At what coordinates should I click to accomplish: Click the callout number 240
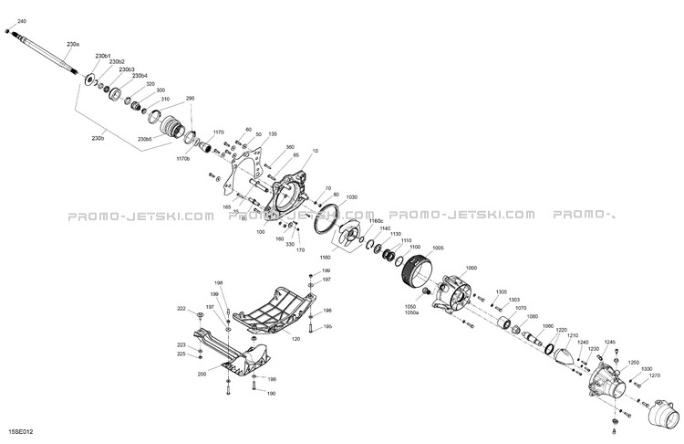tap(22, 20)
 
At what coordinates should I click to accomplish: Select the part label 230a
tap(73, 44)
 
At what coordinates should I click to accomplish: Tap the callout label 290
tap(191, 98)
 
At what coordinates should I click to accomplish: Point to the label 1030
tap(352, 196)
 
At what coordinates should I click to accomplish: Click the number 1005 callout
tap(438, 248)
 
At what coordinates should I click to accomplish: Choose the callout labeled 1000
tap(471, 268)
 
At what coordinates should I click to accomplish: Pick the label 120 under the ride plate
tap(295, 338)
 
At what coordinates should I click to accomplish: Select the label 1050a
tap(411, 313)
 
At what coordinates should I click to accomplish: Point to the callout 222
tap(181, 309)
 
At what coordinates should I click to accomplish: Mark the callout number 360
tap(290, 147)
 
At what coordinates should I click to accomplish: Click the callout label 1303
tap(514, 300)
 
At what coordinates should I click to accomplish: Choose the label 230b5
tap(145, 139)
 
